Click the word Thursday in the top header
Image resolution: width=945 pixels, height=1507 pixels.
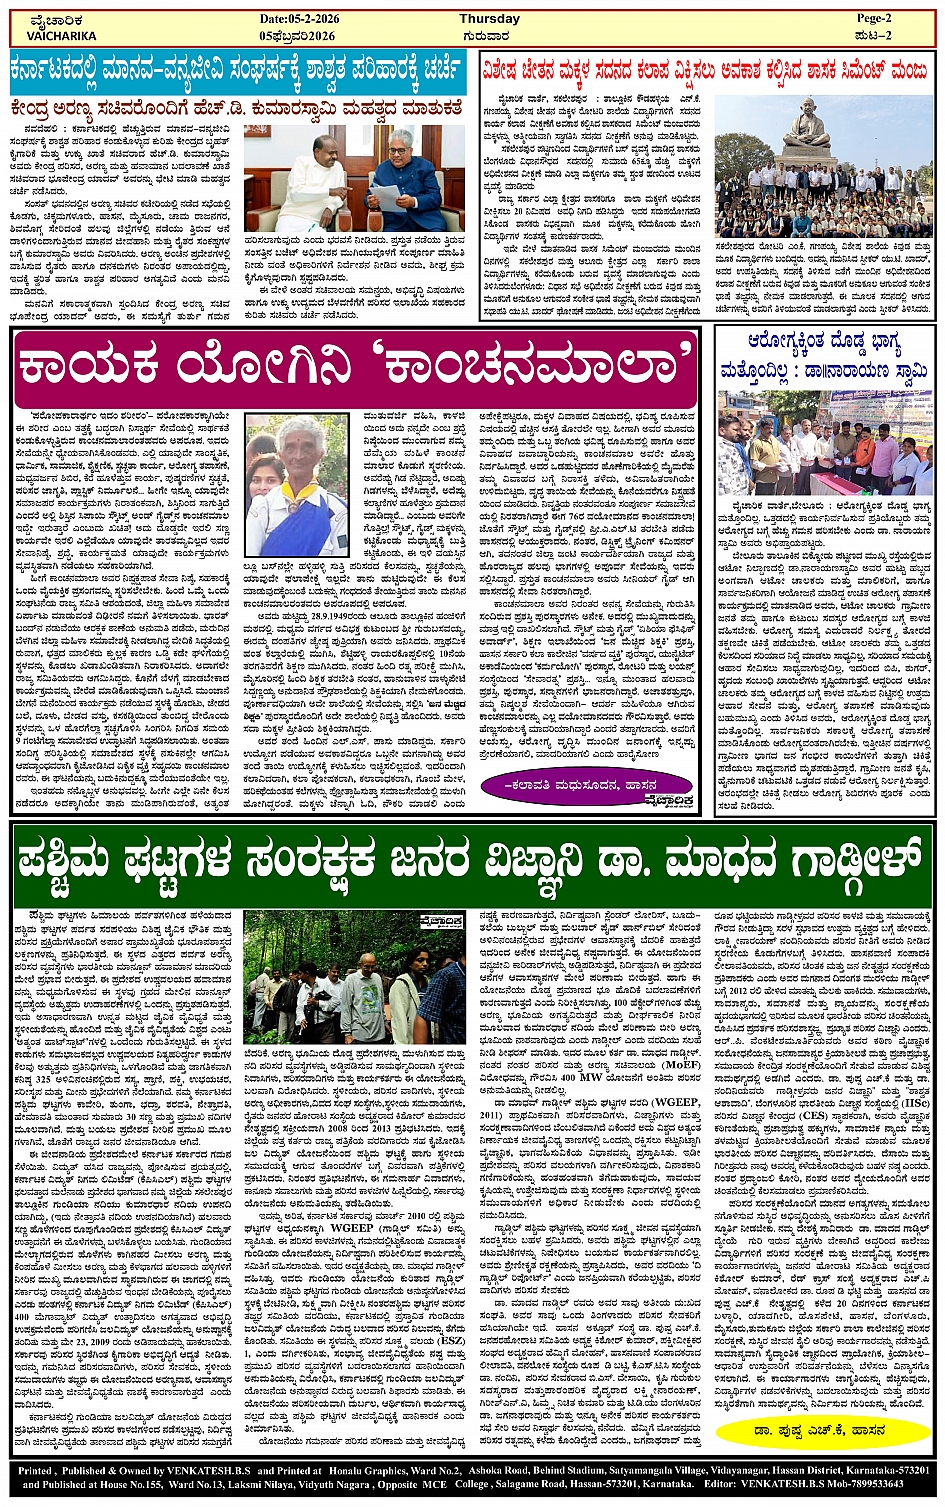tap(489, 19)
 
